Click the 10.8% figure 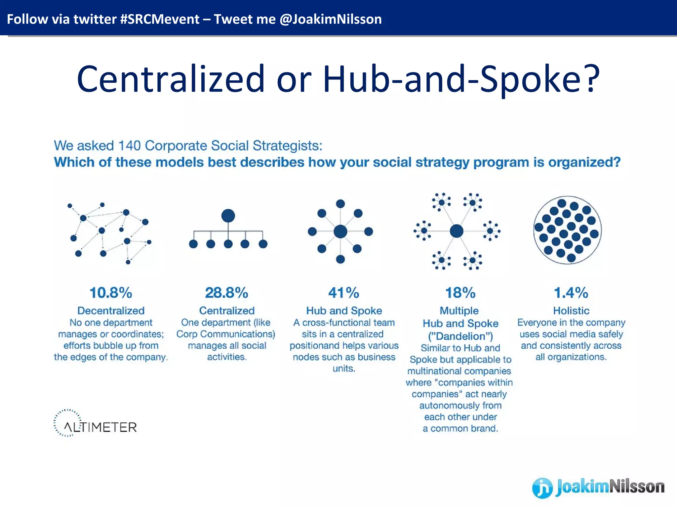click(x=111, y=293)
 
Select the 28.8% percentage click(x=226, y=293)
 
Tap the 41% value click(x=343, y=293)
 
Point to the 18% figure click(x=460, y=293)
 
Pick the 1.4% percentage click(x=571, y=293)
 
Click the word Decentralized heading click(x=111, y=311)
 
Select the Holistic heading click(x=571, y=311)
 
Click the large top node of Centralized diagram click(x=228, y=216)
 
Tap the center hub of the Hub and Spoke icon click(x=340, y=232)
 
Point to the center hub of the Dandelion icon click(x=457, y=231)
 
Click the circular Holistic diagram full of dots click(x=567, y=230)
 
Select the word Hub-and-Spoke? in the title click(x=461, y=79)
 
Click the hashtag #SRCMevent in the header click(x=160, y=19)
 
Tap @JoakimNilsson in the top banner click(x=331, y=19)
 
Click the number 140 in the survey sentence click(x=129, y=146)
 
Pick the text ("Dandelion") click(x=460, y=336)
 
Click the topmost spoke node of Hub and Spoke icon click(x=340, y=204)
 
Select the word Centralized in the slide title click(x=171, y=79)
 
